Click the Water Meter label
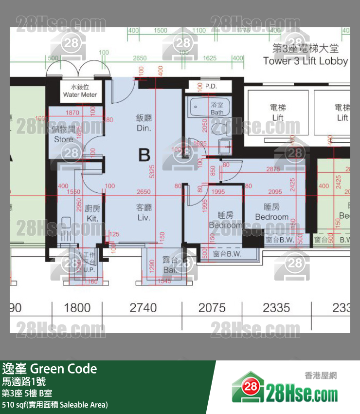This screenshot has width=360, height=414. point(80,91)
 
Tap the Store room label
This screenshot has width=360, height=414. point(64,134)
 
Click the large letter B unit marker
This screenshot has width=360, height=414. point(144,155)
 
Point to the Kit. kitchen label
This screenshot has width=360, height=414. point(92,213)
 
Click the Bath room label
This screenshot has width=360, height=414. point(217,109)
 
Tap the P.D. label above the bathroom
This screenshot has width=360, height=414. point(211,86)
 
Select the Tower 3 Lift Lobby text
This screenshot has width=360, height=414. point(305,55)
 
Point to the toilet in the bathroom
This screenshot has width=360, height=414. point(225,128)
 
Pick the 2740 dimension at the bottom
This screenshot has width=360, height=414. point(143,308)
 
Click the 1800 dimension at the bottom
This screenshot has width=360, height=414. point(77,308)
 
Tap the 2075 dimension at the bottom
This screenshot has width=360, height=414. point(212,308)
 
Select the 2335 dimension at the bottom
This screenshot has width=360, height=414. point(276,308)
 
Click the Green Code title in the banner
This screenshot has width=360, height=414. point(50,369)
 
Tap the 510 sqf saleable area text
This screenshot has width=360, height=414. point(55,405)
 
